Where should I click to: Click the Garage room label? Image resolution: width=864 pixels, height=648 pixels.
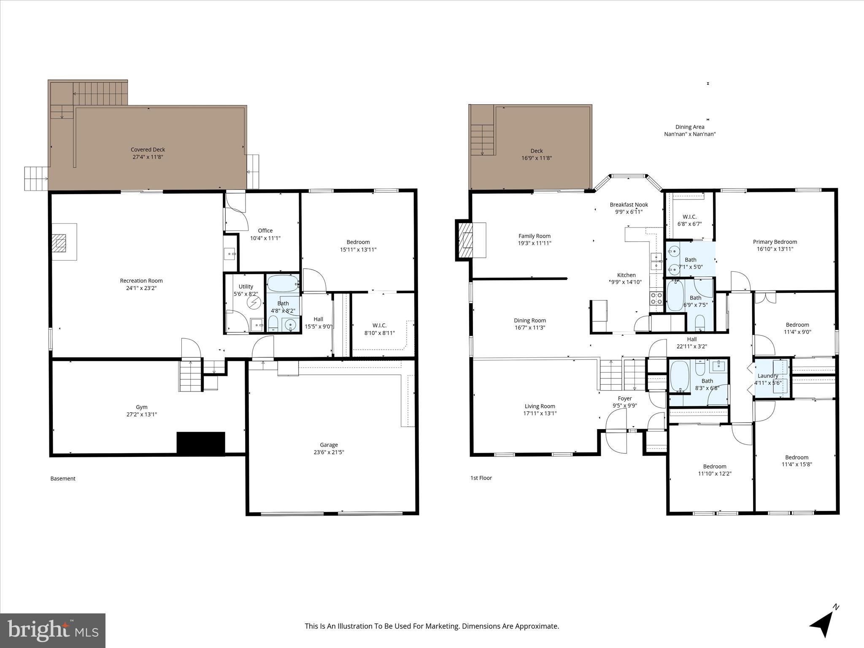tap(329, 445)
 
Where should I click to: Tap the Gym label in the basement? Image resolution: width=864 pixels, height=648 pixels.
tap(142, 407)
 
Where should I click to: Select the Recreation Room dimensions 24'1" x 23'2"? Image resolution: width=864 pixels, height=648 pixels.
tap(141, 288)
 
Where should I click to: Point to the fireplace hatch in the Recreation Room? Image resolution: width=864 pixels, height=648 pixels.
tap(59, 243)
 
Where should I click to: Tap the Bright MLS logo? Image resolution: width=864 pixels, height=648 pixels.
tap(53, 630)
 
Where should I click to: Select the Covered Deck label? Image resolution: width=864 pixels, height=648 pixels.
tap(148, 149)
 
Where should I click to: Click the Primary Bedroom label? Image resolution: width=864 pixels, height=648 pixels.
tap(775, 242)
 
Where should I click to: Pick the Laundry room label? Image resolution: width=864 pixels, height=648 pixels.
tap(768, 376)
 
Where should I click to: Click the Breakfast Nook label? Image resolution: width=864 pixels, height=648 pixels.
tap(629, 205)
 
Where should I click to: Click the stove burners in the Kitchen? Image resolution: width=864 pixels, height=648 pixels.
tap(656, 298)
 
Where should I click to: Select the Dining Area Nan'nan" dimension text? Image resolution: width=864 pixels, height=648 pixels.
tap(690, 134)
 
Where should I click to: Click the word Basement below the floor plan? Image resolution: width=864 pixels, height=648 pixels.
tap(63, 478)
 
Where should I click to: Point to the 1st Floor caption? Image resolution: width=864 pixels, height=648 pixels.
tap(481, 478)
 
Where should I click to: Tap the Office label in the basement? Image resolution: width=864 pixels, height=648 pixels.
tap(265, 230)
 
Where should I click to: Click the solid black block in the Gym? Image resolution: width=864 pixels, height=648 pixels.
tap(200, 443)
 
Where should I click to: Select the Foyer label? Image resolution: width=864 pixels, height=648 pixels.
tap(625, 398)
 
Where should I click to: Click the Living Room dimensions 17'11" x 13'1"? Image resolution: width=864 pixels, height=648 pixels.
tap(540, 413)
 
